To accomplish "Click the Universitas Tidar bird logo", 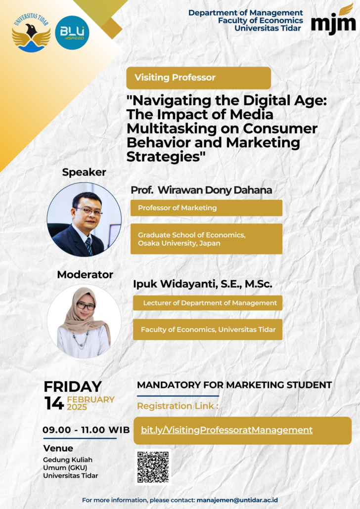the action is (x=31, y=33).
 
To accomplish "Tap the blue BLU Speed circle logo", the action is (x=72, y=33).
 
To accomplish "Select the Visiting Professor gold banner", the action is (x=198, y=78).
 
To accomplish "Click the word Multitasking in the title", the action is (x=171, y=128).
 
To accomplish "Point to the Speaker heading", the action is (x=84, y=172).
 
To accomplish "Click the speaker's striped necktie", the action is (x=89, y=246).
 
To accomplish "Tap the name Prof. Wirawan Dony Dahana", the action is (x=201, y=190).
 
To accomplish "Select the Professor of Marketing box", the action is (x=206, y=208).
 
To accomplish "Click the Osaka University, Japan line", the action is (x=179, y=243).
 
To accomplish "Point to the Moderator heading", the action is (x=85, y=275).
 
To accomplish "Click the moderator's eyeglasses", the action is (x=86, y=306).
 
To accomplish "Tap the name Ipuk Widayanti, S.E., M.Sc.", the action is (x=202, y=284).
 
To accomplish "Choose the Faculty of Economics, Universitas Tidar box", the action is (x=208, y=330).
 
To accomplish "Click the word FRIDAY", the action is (x=73, y=386).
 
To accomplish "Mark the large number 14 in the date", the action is (x=54, y=403).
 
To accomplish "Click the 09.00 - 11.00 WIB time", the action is (x=86, y=430).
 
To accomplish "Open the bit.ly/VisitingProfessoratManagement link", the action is (x=227, y=430).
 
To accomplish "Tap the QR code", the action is (x=153, y=467).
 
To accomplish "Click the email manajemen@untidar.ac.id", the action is (x=237, y=500).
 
